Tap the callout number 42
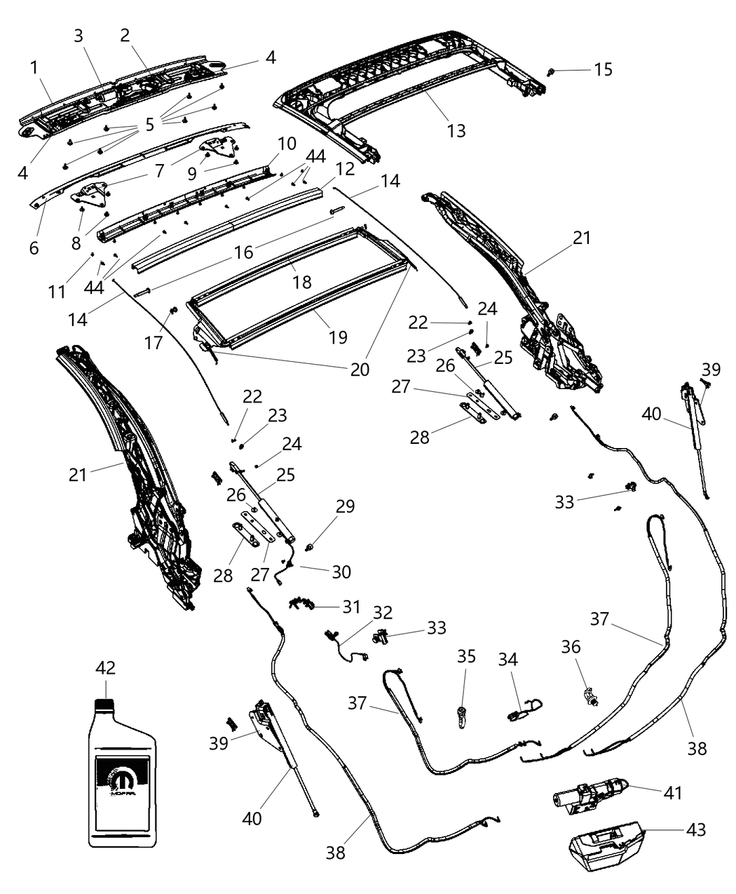point(107,668)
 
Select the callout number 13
point(456,130)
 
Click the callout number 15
point(603,69)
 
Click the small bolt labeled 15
point(552,71)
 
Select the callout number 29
point(345,506)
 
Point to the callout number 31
point(350,606)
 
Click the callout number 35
point(466,656)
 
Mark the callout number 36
point(571,646)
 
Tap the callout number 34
point(508,659)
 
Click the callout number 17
point(154,342)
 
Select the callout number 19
point(337,337)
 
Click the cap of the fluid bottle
point(104,689)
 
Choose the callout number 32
point(382,612)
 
